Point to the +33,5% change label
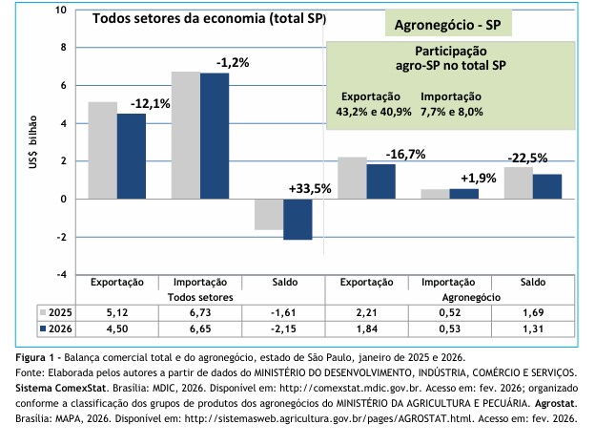[x=309, y=188]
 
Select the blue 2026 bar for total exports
[x=132, y=157]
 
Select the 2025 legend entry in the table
[x=52, y=312]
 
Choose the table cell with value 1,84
[x=367, y=329]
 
